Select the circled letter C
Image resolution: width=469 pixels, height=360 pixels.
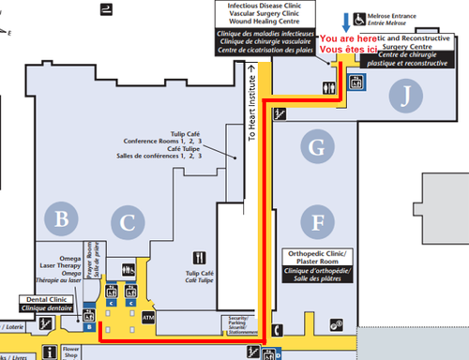125,222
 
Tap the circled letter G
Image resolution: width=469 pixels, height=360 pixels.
319,145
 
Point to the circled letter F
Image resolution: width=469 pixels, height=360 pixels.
319,222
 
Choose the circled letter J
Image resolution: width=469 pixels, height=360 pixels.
404,95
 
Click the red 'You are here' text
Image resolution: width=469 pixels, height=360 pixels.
348,37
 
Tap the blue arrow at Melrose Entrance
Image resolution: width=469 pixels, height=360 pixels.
347,19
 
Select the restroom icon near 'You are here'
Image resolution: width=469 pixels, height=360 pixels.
325,83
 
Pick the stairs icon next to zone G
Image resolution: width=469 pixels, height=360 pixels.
279,114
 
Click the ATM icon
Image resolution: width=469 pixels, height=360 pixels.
147,317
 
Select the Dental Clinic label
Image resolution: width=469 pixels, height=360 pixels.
46,303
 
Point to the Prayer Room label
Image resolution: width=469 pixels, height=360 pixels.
91,250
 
